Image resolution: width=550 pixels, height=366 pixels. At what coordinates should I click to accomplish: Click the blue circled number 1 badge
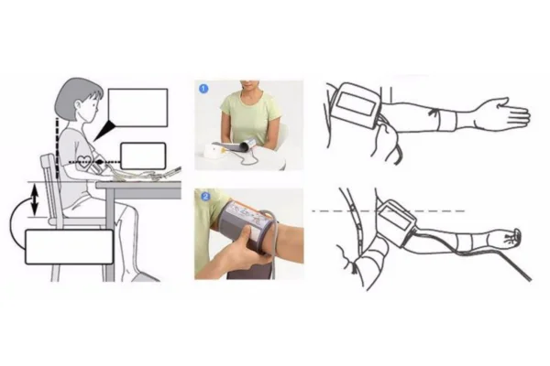tap(203, 89)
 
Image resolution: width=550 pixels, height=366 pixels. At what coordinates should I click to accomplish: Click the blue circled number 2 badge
tap(205, 197)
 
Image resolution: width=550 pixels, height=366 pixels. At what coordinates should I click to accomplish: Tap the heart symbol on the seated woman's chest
tap(84, 161)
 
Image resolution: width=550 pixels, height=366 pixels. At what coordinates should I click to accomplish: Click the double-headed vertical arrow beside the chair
tap(35, 199)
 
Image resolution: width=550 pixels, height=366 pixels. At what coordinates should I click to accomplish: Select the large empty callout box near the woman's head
tap(137, 108)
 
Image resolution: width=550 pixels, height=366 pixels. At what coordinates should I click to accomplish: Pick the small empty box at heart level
tap(143, 156)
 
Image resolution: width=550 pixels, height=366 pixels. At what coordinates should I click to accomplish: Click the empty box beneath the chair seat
tap(70, 246)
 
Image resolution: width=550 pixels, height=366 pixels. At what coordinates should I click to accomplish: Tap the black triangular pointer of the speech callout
tap(104, 131)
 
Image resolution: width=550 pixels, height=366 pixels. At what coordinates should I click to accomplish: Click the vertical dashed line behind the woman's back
tap(57, 148)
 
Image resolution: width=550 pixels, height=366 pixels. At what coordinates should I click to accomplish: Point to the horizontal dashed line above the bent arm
tap(389, 211)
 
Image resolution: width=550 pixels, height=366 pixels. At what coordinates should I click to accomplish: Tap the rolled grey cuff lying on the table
tap(247, 145)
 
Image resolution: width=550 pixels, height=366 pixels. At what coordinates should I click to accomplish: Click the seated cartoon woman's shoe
tap(144, 276)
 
